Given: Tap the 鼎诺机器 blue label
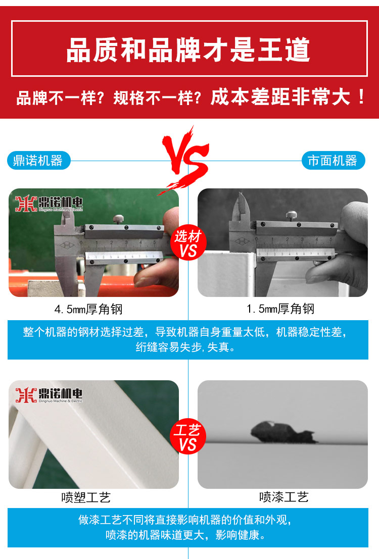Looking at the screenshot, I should [x=38, y=161].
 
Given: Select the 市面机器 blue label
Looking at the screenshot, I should [x=333, y=161].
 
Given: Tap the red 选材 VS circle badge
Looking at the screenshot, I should [x=188, y=243].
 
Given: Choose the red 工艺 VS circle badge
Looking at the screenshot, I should [x=188, y=437].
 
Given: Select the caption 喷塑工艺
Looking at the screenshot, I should [x=86, y=498].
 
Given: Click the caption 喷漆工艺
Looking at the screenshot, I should [x=283, y=498].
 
